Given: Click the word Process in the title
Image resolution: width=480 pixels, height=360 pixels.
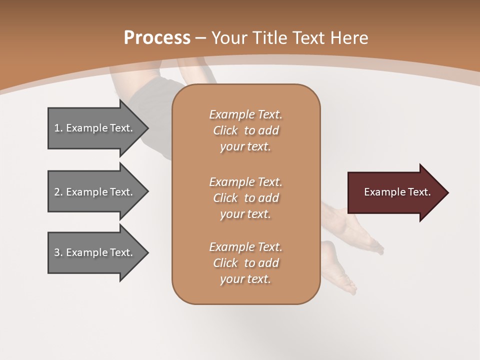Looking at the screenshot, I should (157, 38).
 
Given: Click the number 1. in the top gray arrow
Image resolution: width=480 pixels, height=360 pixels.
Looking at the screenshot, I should (58, 128).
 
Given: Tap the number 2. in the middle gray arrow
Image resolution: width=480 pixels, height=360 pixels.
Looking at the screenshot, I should (58, 192).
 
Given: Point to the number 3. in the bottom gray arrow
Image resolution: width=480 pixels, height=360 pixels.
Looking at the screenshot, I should (58, 252).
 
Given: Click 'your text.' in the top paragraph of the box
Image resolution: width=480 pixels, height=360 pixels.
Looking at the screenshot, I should (245, 147).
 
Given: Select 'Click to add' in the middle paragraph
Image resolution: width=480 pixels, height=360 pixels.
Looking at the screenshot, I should (245, 198).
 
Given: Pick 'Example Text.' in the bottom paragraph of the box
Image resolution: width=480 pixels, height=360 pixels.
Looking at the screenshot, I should (245, 247).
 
